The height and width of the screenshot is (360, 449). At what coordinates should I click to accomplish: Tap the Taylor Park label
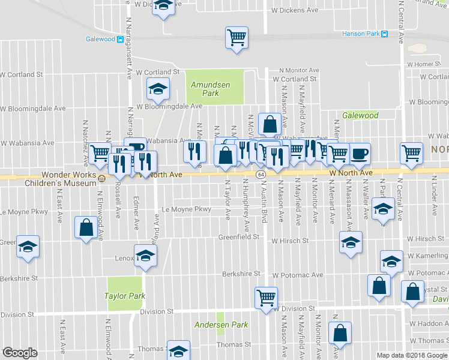click(125, 296)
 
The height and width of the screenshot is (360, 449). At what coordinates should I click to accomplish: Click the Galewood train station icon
click(121, 40)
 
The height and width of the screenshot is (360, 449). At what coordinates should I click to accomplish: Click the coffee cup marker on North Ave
click(360, 153)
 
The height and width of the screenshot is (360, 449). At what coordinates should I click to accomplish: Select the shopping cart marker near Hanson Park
click(237, 37)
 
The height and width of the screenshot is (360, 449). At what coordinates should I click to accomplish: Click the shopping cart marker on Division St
click(266, 296)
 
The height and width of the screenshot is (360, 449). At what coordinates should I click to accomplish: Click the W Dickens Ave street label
click(295, 10)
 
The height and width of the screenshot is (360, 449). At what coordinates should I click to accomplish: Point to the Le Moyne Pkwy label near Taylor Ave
click(187, 209)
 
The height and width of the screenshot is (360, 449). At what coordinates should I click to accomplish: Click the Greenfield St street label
click(238, 237)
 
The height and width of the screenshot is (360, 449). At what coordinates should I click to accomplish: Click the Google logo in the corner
click(20, 353)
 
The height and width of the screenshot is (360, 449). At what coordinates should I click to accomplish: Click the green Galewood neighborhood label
click(360, 115)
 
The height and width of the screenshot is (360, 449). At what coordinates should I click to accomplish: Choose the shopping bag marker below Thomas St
click(340, 332)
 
